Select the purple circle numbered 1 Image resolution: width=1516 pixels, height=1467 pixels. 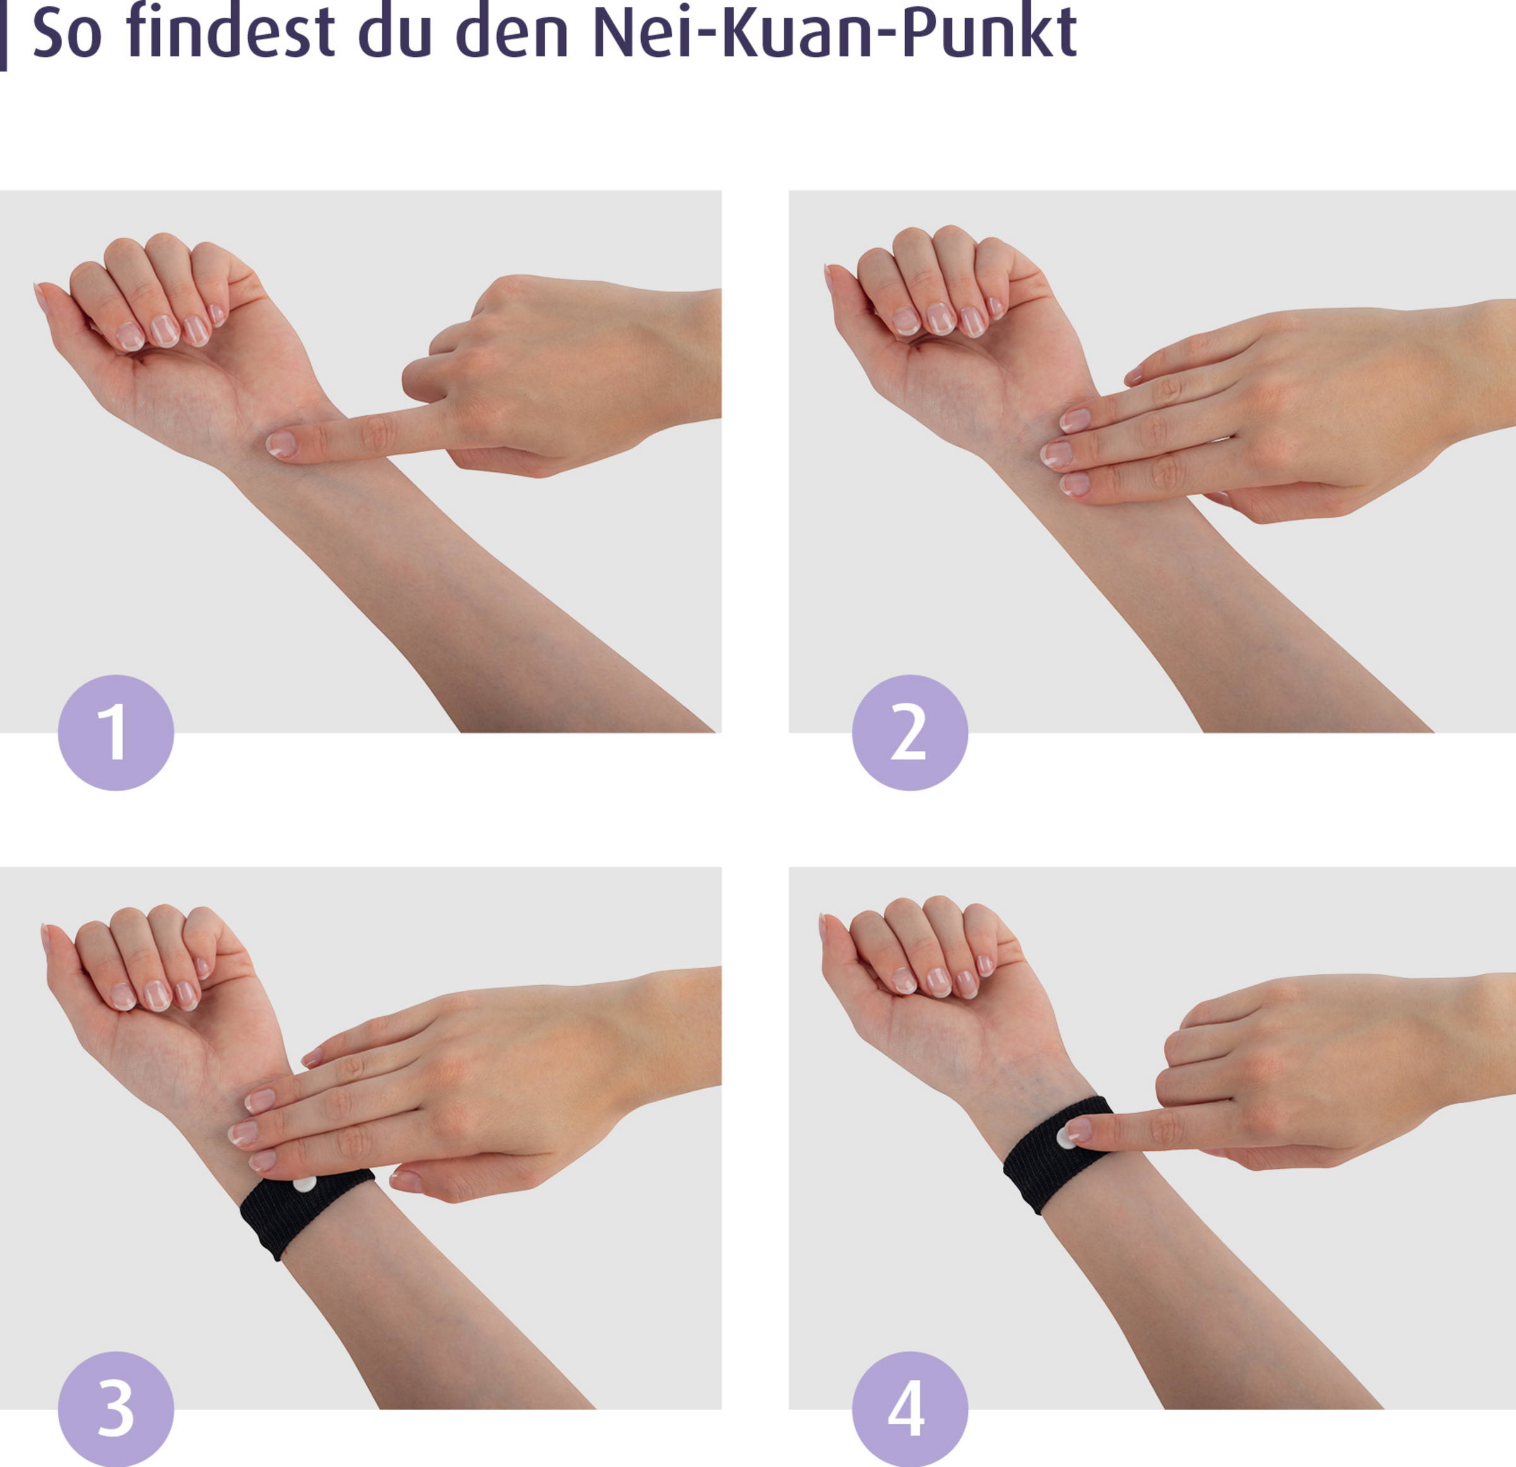click(x=116, y=733)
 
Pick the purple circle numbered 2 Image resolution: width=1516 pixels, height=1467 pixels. click(x=910, y=733)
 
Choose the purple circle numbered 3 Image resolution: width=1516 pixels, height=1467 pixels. click(x=116, y=1409)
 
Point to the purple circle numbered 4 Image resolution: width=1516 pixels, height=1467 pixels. click(x=910, y=1409)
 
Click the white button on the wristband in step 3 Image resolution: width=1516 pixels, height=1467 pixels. click(x=304, y=1184)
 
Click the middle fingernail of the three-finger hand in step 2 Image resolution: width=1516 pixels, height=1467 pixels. click(x=1056, y=453)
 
